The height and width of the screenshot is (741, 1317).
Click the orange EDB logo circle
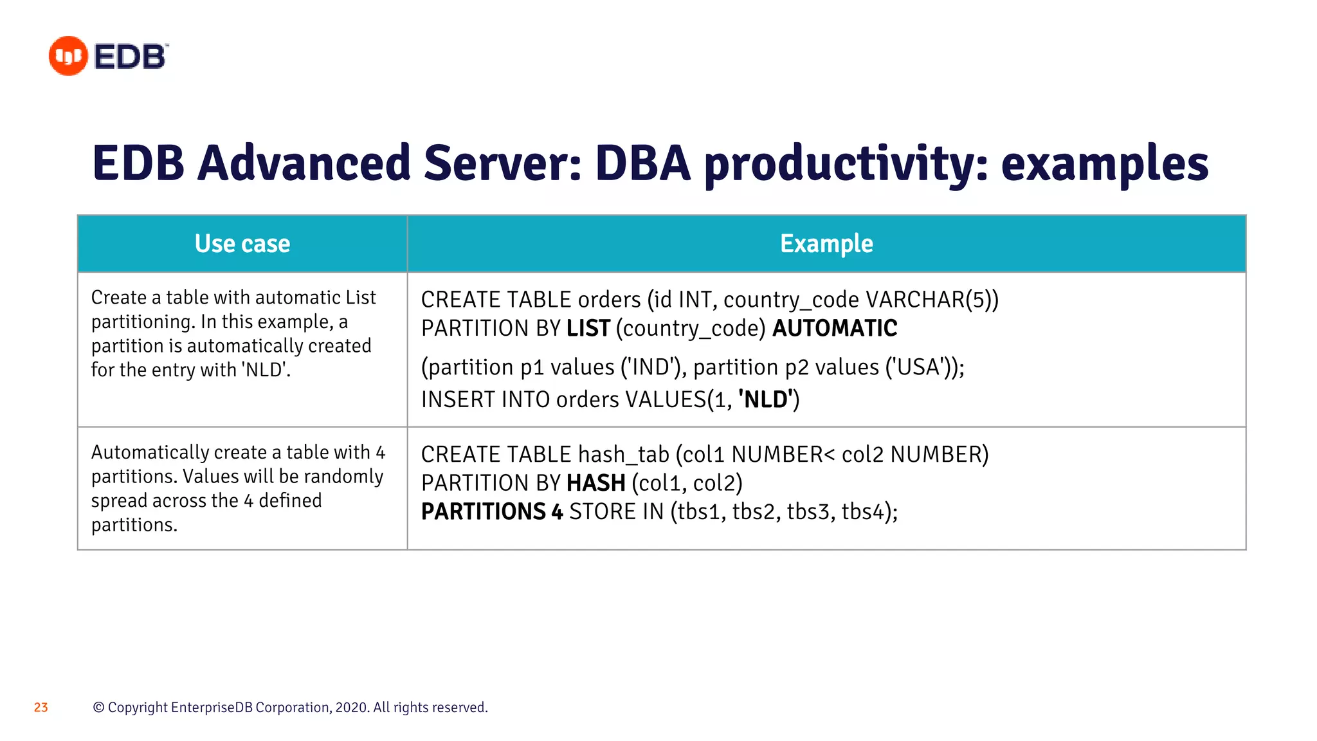pos(68,56)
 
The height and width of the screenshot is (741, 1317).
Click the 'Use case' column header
pos(242,244)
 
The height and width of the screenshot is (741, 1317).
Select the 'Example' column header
pos(826,244)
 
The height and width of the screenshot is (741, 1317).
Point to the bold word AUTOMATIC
pos(834,329)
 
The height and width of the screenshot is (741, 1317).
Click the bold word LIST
pos(588,329)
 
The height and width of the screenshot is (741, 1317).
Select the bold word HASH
pos(595,483)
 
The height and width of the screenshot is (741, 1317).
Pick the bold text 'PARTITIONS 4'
pos(492,512)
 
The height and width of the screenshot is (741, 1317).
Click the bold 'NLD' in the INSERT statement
pos(767,399)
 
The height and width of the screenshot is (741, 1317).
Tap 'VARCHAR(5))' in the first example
pos(932,300)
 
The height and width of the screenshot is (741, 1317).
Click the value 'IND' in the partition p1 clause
pos(651,367)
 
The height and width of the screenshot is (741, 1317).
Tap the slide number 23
pos(41,708)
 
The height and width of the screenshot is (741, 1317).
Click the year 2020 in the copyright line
pos(351,708)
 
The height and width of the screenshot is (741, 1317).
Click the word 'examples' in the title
pos(1104,164)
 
